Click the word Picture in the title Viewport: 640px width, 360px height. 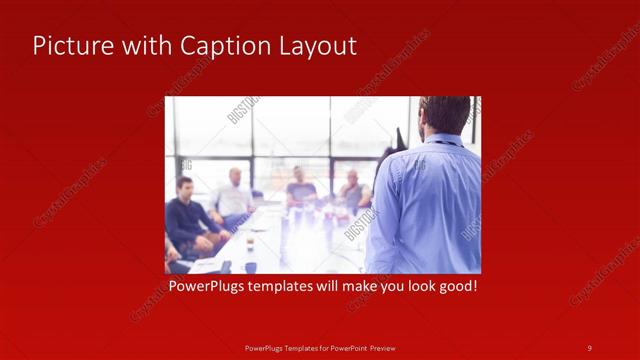pos(68,46)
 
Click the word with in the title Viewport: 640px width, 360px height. pos(143,46)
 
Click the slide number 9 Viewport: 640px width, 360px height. pos(589,348)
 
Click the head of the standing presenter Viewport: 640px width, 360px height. pos(444,116)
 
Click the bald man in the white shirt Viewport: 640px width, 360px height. pos(233,195)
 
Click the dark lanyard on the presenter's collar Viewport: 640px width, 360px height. pos(440,144)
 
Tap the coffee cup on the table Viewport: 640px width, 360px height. pos(249,243)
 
